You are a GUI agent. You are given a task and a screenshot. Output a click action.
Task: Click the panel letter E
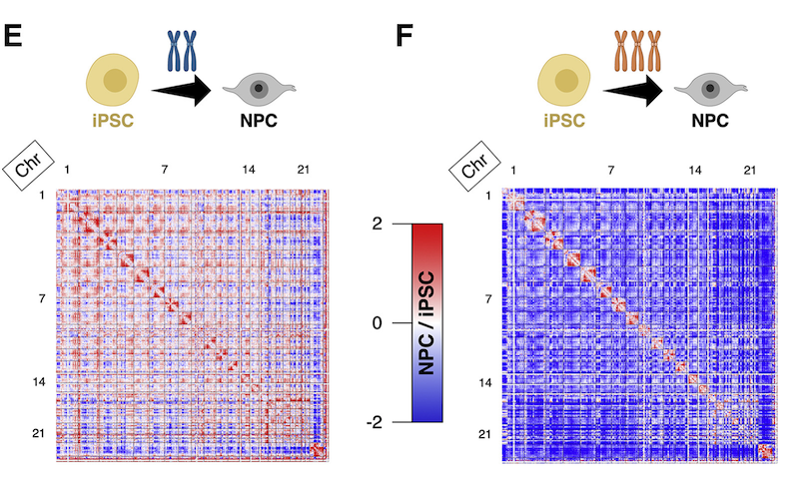(x=13, y=36)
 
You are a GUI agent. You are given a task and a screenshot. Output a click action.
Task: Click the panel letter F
(x=403, y=36)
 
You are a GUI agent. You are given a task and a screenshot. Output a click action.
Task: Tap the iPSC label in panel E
(x=113, y=121)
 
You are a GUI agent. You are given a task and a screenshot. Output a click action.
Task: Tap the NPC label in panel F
(x=710, y=121)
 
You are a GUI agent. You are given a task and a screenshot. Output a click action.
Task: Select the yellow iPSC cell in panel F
(x=564, y=81)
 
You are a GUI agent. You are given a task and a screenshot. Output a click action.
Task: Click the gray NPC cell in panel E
(x=260, y=90)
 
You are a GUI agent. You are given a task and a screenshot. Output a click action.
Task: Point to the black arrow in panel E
(x=182, y=91)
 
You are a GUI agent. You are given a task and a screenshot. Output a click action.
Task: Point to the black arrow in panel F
(x=633, y=91)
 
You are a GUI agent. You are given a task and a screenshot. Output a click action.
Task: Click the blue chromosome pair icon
(x=182, y=51)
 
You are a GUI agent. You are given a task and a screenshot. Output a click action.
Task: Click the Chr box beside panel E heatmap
(x=29, y=166)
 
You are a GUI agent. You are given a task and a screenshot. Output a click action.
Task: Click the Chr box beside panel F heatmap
(x=475, y=167)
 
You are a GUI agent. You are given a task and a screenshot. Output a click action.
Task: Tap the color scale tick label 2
(x=377, y=224)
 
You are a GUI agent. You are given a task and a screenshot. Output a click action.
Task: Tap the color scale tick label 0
(x=377, y=322)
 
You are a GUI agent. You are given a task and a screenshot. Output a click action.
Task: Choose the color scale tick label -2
(x=374, y=421)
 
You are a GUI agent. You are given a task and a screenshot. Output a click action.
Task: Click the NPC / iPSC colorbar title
(x=426, y=322)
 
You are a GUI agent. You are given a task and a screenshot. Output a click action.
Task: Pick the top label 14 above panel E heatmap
(x=249, y=170)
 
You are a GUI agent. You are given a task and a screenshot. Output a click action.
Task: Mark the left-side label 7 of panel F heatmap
(x=488, y=298)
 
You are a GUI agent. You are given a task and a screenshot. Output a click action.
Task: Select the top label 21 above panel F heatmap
(x=750, y=170)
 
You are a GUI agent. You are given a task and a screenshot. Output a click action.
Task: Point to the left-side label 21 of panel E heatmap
(x=39, y=433)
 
